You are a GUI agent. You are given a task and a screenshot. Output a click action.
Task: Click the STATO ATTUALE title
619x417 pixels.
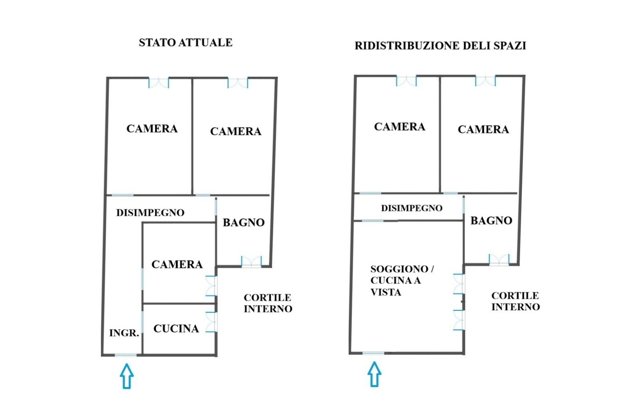185,43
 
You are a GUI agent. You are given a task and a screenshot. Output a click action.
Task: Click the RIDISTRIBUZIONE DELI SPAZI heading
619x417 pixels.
440,46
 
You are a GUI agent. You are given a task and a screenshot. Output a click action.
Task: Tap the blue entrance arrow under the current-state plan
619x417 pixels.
127,376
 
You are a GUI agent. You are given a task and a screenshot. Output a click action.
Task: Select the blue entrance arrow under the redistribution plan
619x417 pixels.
375,374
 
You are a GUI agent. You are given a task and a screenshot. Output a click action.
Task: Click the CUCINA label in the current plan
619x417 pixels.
176,329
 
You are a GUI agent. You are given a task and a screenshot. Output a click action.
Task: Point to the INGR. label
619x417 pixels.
124,333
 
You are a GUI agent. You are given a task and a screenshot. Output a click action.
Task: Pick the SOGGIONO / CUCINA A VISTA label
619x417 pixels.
402,280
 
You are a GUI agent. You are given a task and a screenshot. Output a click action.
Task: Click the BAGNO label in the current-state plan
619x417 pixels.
244,222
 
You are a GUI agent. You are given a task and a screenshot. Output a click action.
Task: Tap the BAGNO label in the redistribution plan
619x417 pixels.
491,220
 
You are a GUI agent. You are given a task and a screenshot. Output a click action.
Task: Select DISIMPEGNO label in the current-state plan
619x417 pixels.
150,212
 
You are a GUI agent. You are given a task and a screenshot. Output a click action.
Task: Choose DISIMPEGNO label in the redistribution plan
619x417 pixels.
412,208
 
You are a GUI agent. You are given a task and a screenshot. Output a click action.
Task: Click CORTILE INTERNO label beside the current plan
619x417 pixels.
268,303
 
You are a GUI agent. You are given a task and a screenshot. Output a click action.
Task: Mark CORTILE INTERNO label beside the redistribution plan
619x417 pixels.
516,301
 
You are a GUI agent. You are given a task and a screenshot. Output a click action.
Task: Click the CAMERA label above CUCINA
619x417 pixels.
177,264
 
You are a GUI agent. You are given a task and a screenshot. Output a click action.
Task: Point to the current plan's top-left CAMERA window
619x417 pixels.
159,83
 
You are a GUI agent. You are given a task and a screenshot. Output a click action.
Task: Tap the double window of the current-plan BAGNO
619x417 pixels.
252,261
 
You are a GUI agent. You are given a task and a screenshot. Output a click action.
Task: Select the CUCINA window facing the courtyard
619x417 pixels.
211,322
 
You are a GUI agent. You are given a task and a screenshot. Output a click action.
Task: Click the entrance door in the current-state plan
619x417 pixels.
126,355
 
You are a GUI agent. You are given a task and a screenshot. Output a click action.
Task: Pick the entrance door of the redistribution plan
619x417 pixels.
373,353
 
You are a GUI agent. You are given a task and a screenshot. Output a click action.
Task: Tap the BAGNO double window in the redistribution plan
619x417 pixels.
499,260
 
